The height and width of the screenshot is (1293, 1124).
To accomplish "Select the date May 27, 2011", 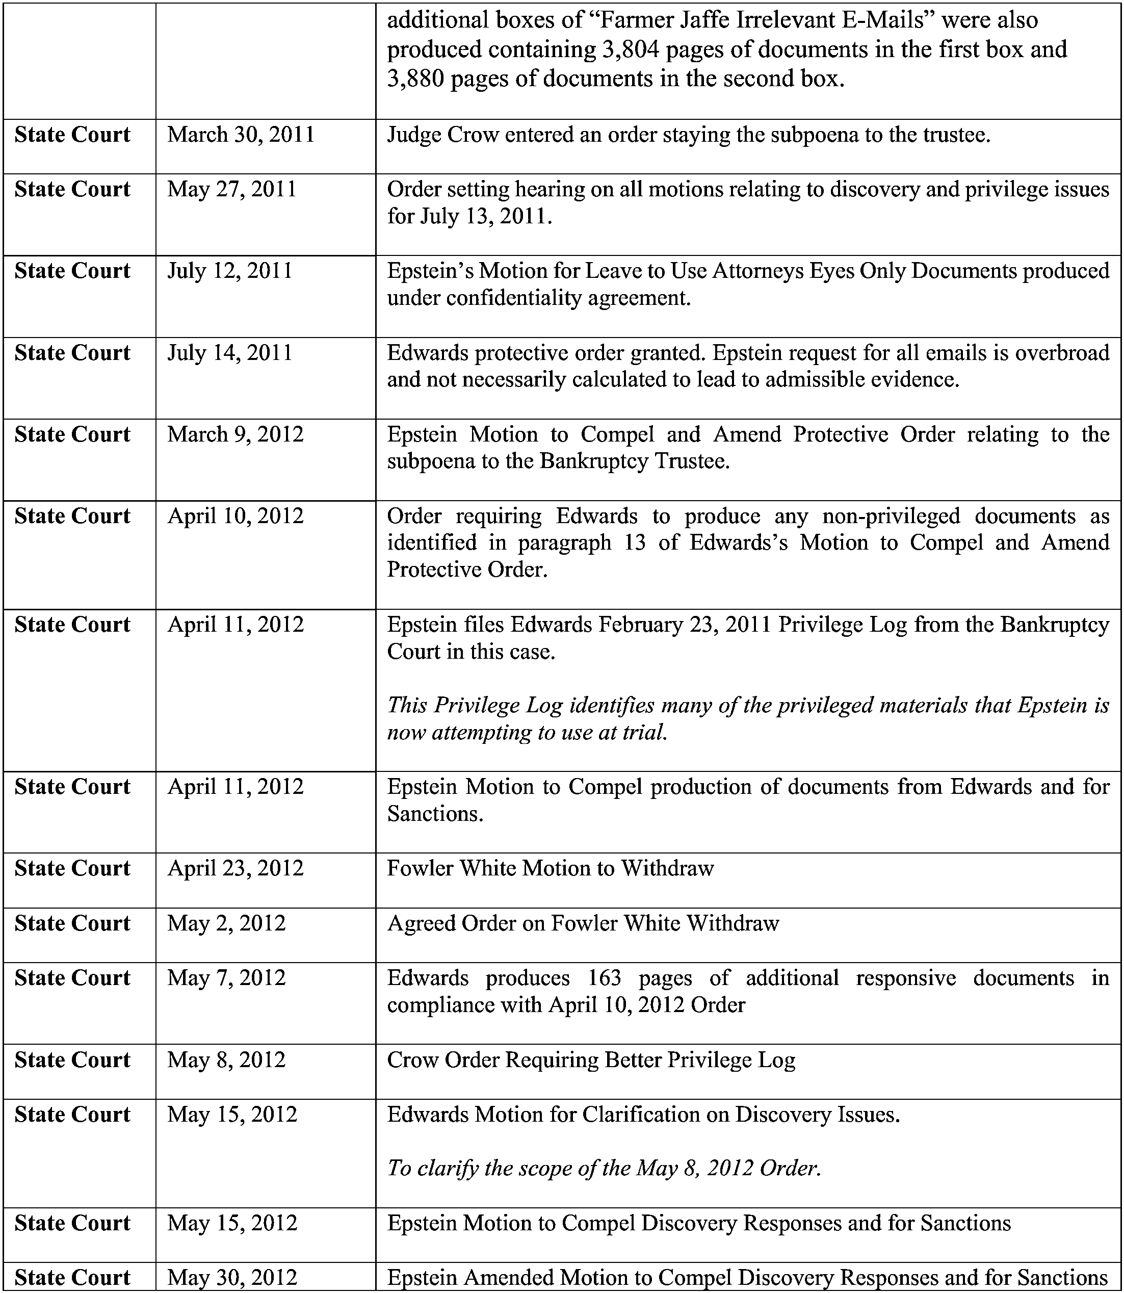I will tap(231, 190).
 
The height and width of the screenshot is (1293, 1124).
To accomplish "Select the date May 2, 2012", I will tap(226, 923).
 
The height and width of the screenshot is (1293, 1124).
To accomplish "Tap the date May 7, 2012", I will tap(226, 978).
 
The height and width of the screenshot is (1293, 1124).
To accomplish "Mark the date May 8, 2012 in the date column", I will tap(226, 1059).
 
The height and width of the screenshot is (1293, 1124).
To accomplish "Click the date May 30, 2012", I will tap(231, 1277).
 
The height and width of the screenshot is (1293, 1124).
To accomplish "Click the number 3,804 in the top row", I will tap(631, 49).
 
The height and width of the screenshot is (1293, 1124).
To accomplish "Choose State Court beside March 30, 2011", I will tap(72, 135).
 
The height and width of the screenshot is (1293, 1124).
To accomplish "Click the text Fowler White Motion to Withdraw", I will tap(550, 868).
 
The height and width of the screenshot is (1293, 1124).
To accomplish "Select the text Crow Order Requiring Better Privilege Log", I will tap(591, 1059).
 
